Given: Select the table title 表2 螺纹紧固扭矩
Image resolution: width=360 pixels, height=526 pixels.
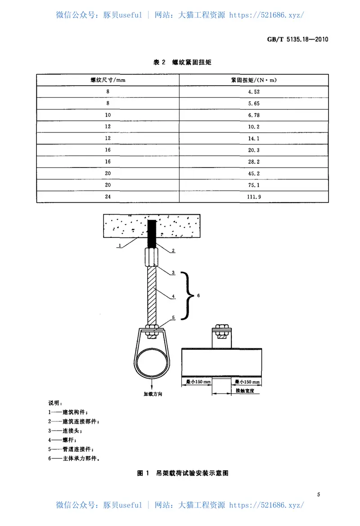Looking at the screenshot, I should tap(182, 63).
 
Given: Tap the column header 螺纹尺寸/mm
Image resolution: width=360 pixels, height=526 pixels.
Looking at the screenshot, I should tap(108, 80).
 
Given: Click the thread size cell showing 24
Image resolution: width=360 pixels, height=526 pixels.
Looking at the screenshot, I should tap(108, 196).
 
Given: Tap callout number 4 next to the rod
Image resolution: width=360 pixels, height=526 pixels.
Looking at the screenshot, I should tap(172, 296).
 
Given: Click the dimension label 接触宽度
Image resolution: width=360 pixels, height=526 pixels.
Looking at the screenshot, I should tap(245, 391).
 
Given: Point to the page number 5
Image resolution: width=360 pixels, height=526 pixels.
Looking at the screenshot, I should tap(318, 494).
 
